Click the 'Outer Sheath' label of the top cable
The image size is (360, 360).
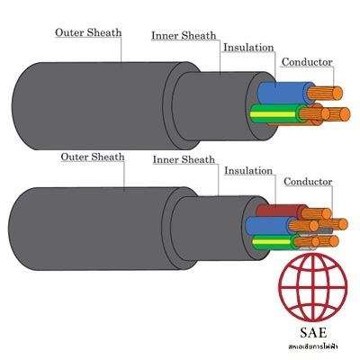(x=88, y=32)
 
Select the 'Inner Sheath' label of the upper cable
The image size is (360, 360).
(x=184, y=35)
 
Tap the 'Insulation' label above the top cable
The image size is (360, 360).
(x=248, y=48)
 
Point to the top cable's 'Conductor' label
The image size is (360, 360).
(x=307, y=62)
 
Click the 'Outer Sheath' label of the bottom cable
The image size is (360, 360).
(x=93, y=157)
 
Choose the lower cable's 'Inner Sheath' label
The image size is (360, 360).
(x=184, y=159)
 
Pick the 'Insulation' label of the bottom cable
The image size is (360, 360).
(x=248, y=171)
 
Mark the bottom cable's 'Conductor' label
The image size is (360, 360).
(x=308, y=182)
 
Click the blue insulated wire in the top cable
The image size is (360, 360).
(x=282, y=93)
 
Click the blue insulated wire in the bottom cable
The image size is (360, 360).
(x=268, y=225)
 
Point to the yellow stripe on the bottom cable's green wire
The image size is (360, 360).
(x=272, y=240)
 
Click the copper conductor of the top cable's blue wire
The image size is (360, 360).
(x=325, y=94)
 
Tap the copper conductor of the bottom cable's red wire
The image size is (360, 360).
(x=316, y=213)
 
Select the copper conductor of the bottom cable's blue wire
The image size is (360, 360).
(x=303, y=226)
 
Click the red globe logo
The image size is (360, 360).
(x=312, y=287)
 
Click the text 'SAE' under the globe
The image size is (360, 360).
(x=313, y=332)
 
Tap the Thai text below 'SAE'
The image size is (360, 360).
(x=312, y=346)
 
